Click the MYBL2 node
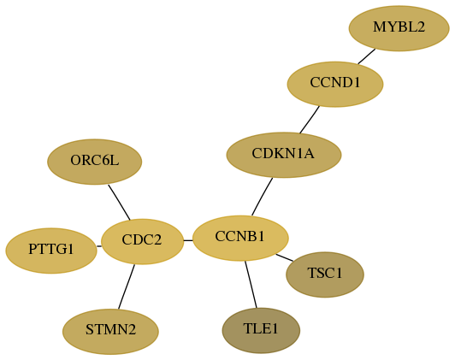point(399,28)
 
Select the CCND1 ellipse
point(335,84)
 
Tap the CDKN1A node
point(284,155)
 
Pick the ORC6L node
point(95,162)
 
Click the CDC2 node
point(142,241)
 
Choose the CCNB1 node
point(240,239)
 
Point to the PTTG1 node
point(51,251)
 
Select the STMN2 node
point(110,332)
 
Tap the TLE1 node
point(261,331)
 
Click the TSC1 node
point(325,274)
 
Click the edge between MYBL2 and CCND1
point(367,56)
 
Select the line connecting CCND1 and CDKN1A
point(310,120)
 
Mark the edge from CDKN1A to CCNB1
point(262,197)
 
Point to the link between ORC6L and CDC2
point(119,202)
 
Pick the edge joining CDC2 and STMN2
point(127,286)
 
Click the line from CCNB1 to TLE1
point(251,284)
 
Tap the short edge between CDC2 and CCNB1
point(188,240)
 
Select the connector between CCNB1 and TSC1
point(284,257)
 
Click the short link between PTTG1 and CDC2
point(99,246)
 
